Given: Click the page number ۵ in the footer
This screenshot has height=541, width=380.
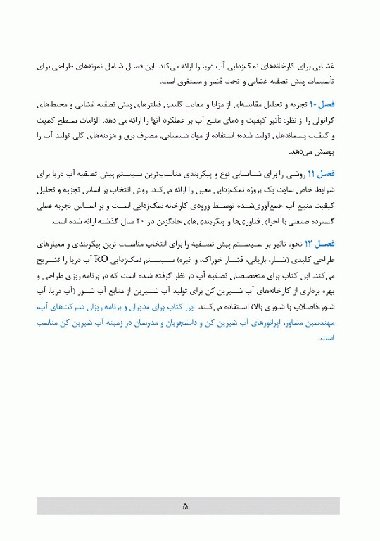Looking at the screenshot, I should click(185, 506).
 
